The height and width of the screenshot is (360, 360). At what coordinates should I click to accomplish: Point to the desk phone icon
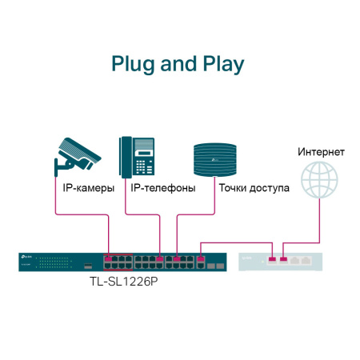tap(137, 156)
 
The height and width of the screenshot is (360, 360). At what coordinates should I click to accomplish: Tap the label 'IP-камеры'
tap(88, 189)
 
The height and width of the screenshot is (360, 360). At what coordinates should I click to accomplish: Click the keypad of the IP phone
tap(143, 166)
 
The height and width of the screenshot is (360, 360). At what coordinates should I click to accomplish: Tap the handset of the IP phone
tap(125, 156)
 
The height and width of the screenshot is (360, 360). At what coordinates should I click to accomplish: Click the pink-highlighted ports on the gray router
tap(278, 259)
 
